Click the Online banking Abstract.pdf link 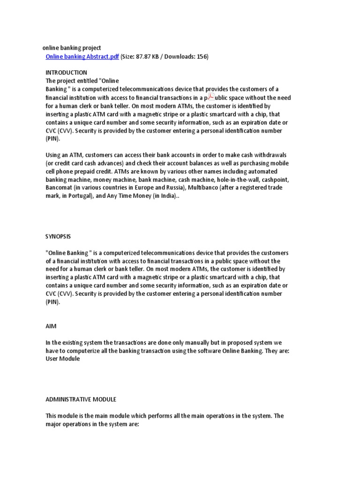pyautogui.click(x=82, y=57)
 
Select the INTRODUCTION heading pyautogui.click(x=66, y=73)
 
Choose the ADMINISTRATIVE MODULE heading pyautogui.click(x=81, y=399)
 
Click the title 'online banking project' pyautogui.click(x=72, y=48)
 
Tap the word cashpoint pyautogui.click(x=275, y=180)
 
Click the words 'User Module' pyautogui.click(x=62, y=359)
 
